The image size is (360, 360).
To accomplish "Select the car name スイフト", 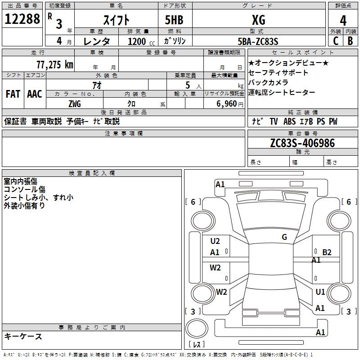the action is (116, 20).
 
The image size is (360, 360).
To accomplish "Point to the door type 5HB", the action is (174, 20).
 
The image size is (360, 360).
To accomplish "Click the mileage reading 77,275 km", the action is (54, 64).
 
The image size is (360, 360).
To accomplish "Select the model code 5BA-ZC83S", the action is (258, 41).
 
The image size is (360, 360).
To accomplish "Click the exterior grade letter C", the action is (335, 41).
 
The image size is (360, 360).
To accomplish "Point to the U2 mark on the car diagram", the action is (215, 241).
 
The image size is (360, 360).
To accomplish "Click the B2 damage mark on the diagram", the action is (327, 252).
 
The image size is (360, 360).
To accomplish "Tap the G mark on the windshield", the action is (284, 237).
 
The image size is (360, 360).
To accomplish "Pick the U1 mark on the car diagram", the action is (320, 292).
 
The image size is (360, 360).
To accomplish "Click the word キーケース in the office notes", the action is (23, 337).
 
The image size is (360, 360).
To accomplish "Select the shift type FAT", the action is (13, 94).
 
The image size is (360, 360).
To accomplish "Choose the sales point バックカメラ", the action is (268, 82).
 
